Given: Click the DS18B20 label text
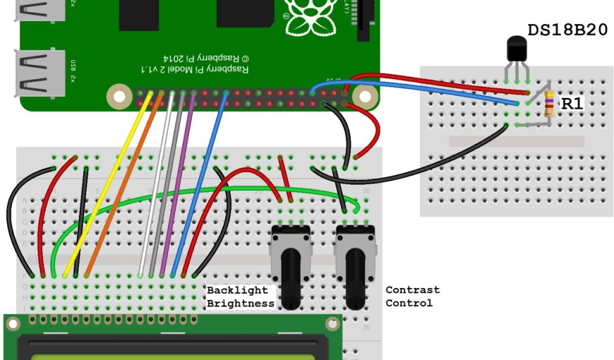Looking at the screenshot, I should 567,30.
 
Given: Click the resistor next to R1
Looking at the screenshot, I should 548,104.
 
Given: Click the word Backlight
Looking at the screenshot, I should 237,290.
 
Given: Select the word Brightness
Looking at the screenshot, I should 240,304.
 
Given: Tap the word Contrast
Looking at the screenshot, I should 413,290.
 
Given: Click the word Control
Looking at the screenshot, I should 409,303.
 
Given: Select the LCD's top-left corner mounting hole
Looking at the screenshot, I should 13,323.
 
